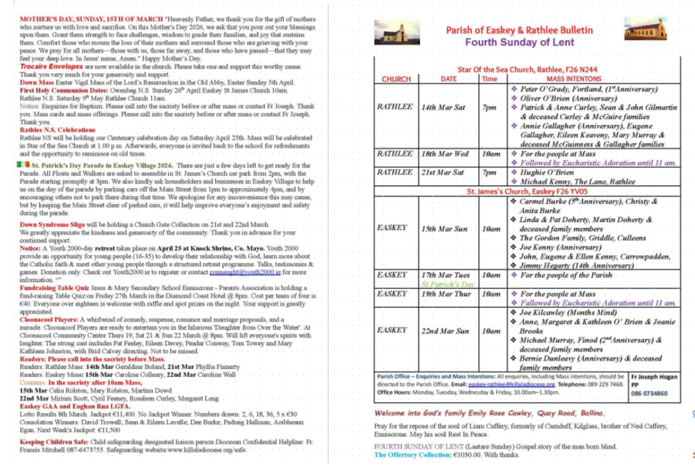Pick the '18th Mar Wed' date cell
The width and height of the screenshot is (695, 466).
pos(445,154)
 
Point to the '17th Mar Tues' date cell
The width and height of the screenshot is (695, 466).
pos(445,275)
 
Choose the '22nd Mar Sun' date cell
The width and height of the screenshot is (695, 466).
pos(445,331)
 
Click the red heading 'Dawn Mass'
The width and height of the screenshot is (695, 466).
pos(38,82)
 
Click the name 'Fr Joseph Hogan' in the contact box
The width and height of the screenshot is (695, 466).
pos(650,376)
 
